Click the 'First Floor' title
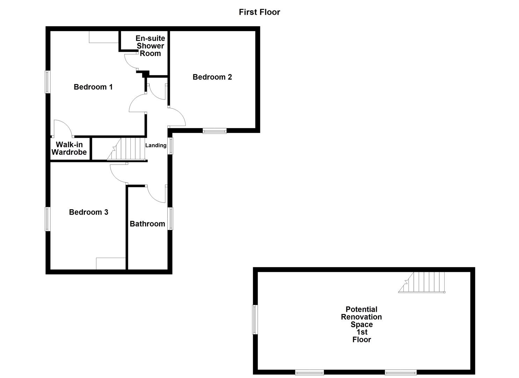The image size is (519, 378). click(259, 12)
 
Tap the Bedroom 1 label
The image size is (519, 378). click(93, 87)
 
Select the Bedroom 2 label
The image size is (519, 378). click(212, 77)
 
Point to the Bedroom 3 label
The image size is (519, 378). click(88, 212)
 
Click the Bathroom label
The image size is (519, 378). click(147, 224)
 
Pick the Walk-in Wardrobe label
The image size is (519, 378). click(69, 148)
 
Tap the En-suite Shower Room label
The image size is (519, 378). click(150, 46)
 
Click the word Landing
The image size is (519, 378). click(156, 146)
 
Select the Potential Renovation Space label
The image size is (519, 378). click(361, 324)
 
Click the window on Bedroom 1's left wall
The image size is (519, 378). click(48, 82)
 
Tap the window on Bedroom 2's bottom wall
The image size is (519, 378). click(215, 131)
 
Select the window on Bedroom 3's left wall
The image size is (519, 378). click(48, 219)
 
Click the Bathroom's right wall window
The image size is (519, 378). click(171, 219)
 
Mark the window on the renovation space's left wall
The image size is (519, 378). click(255, 320)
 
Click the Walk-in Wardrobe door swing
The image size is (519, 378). click(62, 127)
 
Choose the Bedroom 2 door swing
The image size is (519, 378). click(176, 117)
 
